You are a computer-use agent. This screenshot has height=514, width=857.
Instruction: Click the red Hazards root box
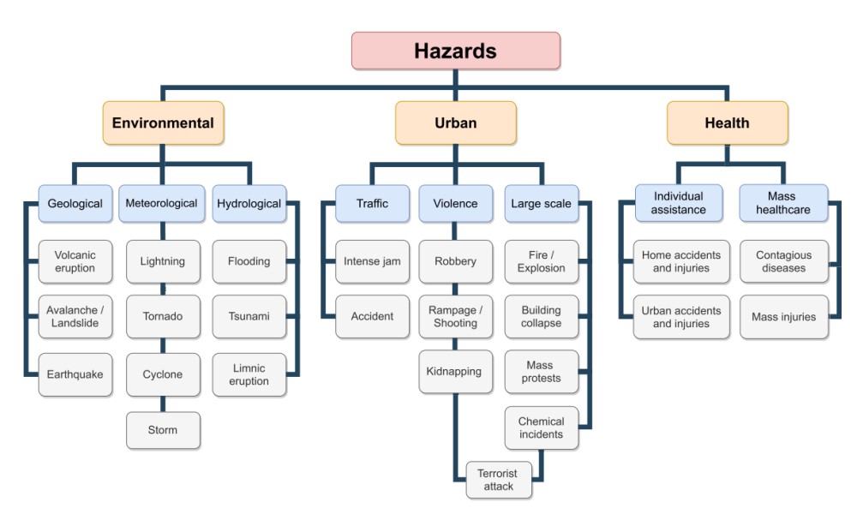click(x=455, y=51)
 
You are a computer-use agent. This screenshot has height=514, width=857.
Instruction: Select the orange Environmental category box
click(x=163, y=123)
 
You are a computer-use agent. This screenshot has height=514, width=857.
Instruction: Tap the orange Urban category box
click(x=455, y=123)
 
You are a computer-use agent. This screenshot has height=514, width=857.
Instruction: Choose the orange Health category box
click(x=727, y=123)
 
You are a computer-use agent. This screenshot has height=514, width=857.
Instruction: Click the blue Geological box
click(x=75, y=204)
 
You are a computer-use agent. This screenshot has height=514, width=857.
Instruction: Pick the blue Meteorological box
click(x=162, y=204)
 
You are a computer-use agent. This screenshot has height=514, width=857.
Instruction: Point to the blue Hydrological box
click(x=249, y=204)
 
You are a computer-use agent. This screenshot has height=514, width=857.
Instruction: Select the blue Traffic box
click(x=372, y=204)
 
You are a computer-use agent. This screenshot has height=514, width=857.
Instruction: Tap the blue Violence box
click(x=455, y=204)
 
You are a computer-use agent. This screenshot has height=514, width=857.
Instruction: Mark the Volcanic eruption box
click(x=75, y=261)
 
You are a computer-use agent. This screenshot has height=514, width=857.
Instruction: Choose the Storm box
click(x=163, y=430)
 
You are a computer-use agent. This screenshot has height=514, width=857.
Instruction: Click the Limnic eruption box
click(x=249, y=374)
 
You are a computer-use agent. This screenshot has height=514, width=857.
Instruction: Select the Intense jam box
click(x=372, y=261)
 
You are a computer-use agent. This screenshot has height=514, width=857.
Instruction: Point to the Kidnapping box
click(x=455, y=372)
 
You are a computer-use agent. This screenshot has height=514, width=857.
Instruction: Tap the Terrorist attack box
click(x=498, y=480)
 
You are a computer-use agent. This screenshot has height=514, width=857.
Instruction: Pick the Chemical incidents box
click(x=541, y=427)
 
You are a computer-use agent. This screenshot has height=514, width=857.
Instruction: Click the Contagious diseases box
click(x=783, y=261)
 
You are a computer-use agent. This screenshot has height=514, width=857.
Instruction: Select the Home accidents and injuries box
click(x=681, y=261)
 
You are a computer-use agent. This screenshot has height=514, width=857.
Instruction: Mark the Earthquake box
click(x=75, y=374)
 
